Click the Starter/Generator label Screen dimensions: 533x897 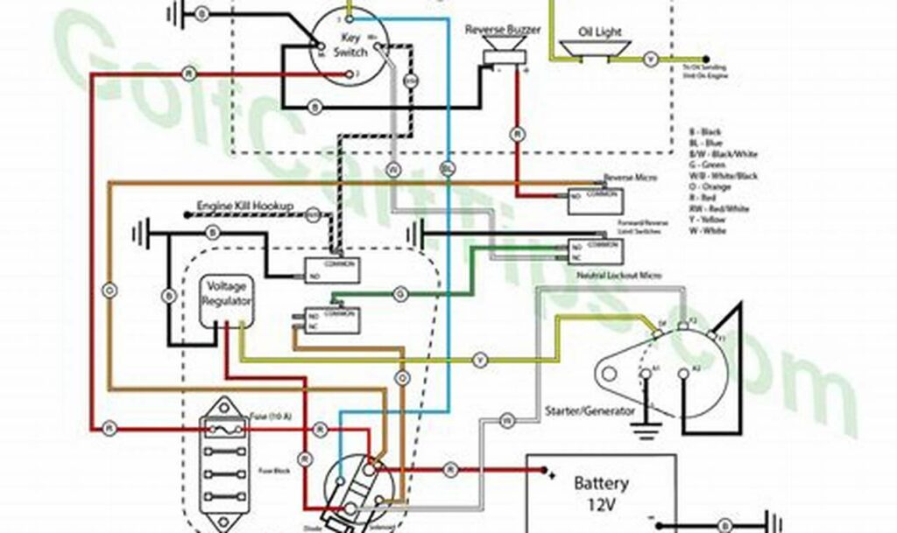(x=589, y=410)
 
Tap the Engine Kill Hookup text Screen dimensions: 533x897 (x=244, y=207)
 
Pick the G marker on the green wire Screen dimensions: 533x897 (x=400, y=293)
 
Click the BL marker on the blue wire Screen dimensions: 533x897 (x=448, y=166)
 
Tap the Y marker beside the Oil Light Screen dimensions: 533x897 (x=650, y=60)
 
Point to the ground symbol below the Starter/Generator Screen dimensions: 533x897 (x=647, y=430)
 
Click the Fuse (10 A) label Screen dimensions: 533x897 (x=266, y=414)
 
